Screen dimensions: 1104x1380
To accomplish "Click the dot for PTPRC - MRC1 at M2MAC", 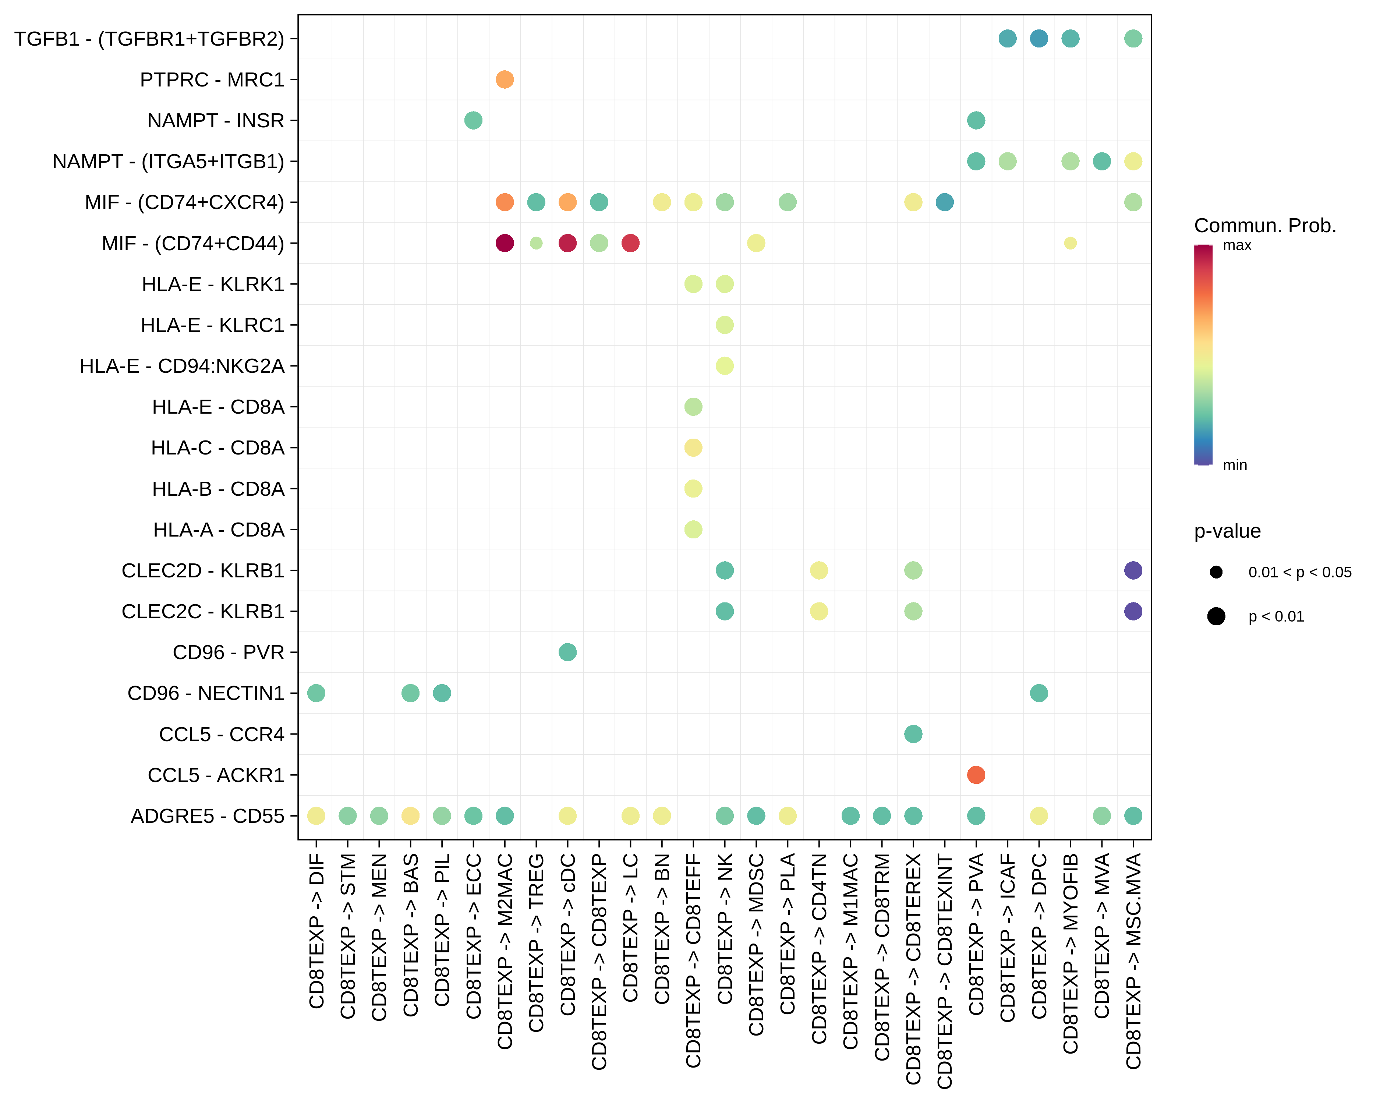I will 505,79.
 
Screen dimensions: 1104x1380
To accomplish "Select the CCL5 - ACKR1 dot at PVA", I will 976,775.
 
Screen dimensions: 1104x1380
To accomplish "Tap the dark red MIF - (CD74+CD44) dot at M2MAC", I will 505,243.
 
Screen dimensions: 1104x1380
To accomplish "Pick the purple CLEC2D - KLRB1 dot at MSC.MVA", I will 1133,570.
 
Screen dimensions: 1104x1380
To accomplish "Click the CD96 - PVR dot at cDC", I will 567,652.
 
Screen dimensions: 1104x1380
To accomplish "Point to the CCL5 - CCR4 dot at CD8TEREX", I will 913,734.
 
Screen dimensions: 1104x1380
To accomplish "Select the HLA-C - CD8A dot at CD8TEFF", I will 693,447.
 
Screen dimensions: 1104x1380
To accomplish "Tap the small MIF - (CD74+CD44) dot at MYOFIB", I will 1070,243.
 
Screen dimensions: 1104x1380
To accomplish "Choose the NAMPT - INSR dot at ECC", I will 473,120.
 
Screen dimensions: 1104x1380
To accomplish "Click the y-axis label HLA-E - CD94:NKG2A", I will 182,366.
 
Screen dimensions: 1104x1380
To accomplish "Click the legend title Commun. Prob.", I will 1265,225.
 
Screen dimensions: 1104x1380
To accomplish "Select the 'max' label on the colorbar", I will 1236,245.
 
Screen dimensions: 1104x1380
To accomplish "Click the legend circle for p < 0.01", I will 1216,616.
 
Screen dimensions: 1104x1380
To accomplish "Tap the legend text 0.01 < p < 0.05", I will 1299,572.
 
